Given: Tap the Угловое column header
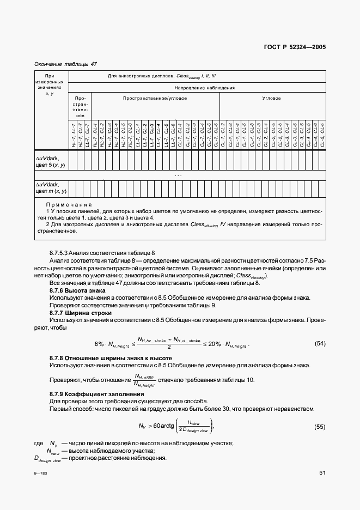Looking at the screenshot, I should [x=272, y=99].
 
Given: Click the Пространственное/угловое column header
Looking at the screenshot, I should [x=155, y=99].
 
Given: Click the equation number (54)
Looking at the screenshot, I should [x=320, y=343].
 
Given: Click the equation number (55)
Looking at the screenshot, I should [x=320, y=426].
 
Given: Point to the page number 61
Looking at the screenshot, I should [x=322, y=472].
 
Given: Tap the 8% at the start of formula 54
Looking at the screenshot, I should [x=99, y=344].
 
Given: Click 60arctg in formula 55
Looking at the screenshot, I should [x=166, y=426].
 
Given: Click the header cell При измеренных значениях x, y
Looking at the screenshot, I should [x=50, y=84].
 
